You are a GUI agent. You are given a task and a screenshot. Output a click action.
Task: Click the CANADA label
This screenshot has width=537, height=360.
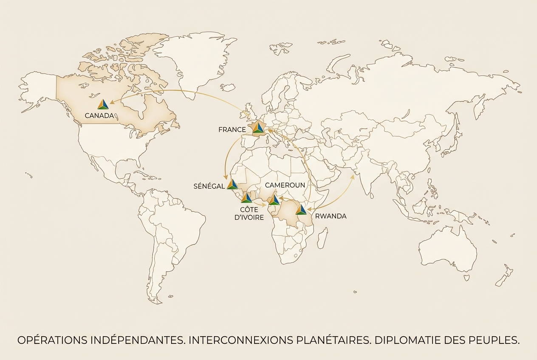99,115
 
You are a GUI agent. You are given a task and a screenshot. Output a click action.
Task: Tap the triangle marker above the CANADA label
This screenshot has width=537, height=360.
103,104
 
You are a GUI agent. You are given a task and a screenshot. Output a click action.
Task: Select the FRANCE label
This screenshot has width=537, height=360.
232,129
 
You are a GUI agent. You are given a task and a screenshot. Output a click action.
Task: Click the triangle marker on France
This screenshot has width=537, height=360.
258,128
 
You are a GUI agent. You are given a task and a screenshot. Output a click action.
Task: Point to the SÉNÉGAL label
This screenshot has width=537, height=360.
209,186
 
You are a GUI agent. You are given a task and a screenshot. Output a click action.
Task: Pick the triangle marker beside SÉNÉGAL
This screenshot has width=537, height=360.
232,184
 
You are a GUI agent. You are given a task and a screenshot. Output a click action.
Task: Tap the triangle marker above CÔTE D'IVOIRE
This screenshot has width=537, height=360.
246,198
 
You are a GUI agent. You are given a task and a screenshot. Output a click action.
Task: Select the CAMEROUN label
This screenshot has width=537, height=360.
285,185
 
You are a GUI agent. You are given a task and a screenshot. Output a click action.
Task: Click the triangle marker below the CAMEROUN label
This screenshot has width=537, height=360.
274,200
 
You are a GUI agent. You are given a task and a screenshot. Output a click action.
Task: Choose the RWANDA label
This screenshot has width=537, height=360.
331,216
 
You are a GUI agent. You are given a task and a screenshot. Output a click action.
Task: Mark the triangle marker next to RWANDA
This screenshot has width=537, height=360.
301,210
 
